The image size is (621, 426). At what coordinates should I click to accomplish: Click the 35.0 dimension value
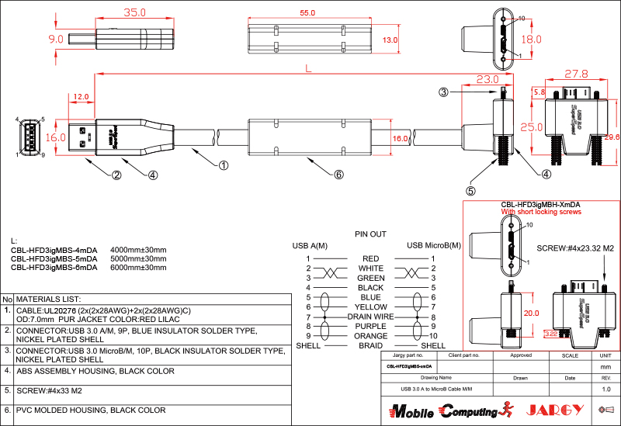[x=135, y=12]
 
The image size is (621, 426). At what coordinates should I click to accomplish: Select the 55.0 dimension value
[x=307, y=13]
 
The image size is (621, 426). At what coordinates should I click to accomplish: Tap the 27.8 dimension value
[x=575, y=74]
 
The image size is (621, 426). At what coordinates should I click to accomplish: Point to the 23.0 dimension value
[x=487, y=80]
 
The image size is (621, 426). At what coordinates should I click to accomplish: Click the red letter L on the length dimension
[x=308, y=69]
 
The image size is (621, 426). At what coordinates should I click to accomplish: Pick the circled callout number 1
[x=223, y=165]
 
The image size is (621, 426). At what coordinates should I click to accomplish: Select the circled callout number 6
[x=338, y=175]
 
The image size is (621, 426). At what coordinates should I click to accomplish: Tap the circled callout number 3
[x=443, y=92]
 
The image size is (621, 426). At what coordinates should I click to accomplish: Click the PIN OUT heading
[x=370, y=234]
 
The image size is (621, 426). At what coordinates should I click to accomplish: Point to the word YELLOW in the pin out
[x=371, y=307]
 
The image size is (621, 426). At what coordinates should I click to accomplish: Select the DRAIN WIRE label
[x=371, y=317]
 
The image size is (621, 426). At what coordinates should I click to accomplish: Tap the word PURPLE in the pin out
[x=371, y=327]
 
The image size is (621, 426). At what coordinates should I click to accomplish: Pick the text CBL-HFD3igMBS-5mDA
[x=54, y=258]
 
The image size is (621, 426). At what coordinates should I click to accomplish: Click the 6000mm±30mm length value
[x=139, y=268]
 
